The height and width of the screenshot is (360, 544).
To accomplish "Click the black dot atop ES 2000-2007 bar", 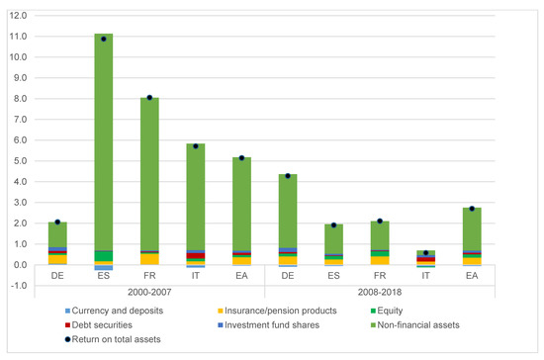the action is tap(104, 39).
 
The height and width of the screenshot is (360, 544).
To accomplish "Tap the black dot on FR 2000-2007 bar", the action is tap(149, 98).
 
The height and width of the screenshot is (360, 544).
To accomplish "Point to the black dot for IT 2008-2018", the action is tap(425, 253).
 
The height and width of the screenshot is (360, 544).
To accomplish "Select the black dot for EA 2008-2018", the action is tap(472, 209).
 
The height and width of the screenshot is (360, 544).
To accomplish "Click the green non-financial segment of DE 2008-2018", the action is tap(288, 211).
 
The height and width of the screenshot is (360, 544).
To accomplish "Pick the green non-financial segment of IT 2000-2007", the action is tap(196, 197).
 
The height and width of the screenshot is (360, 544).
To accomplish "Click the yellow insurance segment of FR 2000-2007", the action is tap(149, 259).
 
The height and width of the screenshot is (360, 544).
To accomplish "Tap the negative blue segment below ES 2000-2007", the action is tap(104, 267).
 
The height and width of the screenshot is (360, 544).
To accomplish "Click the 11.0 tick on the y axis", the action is tap(19, 37).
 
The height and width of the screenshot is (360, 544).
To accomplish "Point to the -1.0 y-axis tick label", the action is tap(19, 286).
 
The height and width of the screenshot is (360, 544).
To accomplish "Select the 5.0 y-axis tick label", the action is tap(19, 161).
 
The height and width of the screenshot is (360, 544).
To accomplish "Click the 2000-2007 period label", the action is tap(149, 292).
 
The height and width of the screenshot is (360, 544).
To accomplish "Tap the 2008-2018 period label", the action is tap(380, 292).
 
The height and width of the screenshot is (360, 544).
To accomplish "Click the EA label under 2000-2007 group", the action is tap(241, 276).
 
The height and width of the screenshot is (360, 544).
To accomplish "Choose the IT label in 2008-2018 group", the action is tap(425, 276).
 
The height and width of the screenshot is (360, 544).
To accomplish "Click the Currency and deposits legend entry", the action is tap(114, 311).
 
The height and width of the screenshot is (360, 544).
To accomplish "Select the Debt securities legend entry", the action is tap(99, 325).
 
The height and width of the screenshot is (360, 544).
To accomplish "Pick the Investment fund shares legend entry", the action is tap(268, 325).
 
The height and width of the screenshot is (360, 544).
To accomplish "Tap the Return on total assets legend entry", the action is tap(113, 339).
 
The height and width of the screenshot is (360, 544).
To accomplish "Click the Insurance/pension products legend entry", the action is tap(277, 311).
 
